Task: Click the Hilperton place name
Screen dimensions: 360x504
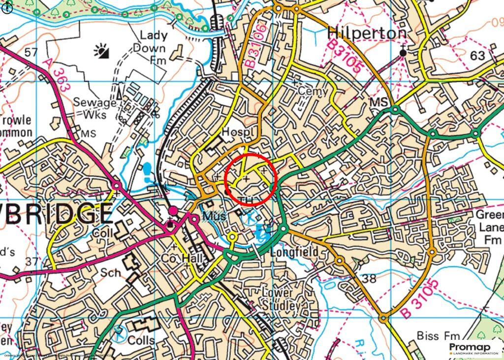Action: coord(367,33)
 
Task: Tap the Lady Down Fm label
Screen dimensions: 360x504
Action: coord(154,48)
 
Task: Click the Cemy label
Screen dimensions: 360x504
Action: coord(313,91)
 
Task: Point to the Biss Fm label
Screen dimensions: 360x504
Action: coord(435,336)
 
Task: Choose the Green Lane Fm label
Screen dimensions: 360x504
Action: coord(490,228)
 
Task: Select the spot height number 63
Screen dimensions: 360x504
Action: coord(477,55)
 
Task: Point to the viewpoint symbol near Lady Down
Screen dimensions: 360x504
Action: coord(102,51)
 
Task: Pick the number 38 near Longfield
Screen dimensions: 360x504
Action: coord(369,278)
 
